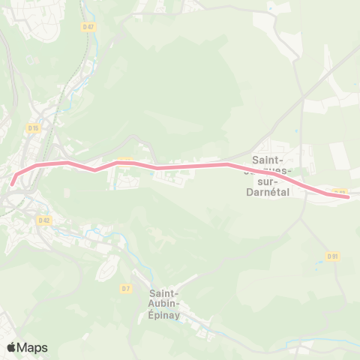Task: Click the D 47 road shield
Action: click(x=88, y=27)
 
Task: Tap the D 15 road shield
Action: click(x=32, y=128)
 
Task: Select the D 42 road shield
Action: click(x=43, y=220)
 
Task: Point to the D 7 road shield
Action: click(x=125, y=288)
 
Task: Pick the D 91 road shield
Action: click(x=333, y=256)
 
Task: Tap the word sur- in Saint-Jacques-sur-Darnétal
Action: click(x=268, y=181)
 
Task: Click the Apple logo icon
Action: click(x=11, y=347)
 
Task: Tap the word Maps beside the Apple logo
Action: click(x=32, y=347)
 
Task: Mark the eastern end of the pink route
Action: click(x=347, y=197)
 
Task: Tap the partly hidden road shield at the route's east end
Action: click(x=339, y=192)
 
